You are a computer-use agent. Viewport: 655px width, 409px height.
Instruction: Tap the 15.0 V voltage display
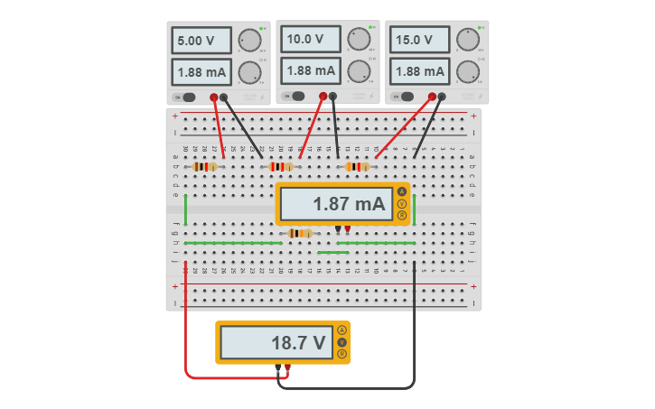point(419,41)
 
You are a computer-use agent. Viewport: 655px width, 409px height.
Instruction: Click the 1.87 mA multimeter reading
point(336,204)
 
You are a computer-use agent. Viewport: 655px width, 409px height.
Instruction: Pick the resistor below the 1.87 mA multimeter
point(299,233)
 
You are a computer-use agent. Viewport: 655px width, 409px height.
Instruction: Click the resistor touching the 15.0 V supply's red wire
point(358,166)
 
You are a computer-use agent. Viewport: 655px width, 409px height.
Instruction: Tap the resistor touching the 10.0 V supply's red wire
point(282,166)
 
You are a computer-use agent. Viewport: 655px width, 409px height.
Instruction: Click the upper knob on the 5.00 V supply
point(249,41)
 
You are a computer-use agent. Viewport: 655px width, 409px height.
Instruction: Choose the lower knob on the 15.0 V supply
point(467,71)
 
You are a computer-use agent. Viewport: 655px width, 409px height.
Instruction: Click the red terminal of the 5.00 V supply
point(214,97)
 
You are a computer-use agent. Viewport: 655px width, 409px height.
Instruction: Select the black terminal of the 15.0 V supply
point(442,97)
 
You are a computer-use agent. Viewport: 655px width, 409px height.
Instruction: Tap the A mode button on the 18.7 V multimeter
point(342,330)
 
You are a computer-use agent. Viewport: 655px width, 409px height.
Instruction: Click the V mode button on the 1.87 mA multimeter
point(402,204)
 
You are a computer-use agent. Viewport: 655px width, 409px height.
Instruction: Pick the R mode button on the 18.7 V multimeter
point(342,354)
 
